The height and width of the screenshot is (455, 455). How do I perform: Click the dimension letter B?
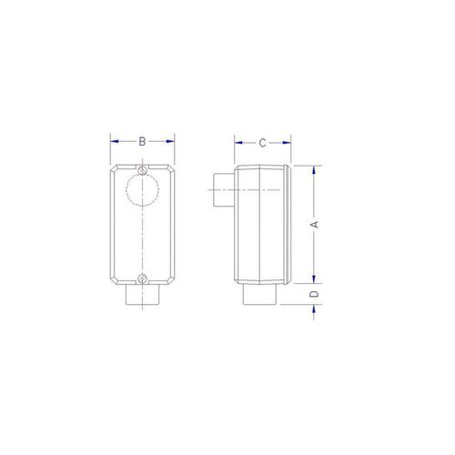142,141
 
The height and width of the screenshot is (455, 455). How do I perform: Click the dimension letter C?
263,143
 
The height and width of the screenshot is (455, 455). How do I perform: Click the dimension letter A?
315,225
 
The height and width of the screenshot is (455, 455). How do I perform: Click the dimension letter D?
315,294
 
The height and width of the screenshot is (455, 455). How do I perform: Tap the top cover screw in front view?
142,170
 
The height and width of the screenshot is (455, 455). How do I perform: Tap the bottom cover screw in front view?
142,278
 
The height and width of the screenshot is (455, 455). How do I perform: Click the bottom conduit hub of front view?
142,294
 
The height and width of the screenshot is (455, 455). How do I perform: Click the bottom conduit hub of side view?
259,294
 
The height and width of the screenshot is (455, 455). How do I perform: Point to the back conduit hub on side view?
224,190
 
